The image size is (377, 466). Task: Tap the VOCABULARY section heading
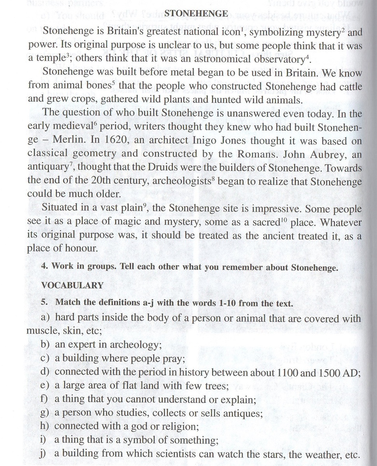tap(72, 285)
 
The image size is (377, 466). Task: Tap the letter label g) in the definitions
tap(45, 413)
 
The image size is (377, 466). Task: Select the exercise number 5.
tap(44, 303)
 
